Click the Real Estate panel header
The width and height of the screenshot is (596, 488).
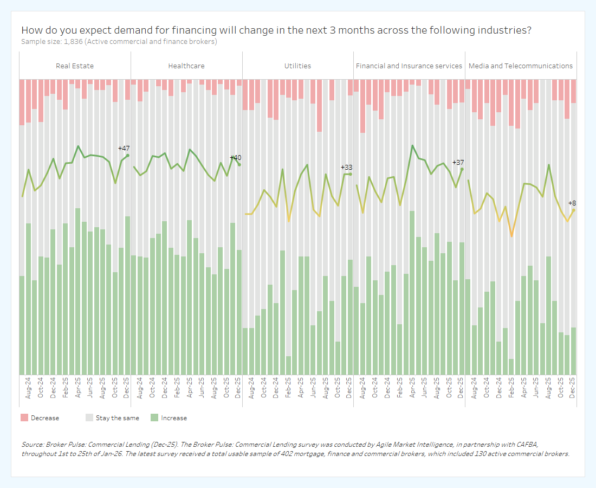click(75, 66)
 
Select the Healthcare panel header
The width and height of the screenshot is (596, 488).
click(186, 66)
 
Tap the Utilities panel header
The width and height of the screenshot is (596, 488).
click(298, 66)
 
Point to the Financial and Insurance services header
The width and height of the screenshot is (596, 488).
click(409, 66)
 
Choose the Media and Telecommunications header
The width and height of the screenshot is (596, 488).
click(521, 66)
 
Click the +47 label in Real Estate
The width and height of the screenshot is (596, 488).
click(124, 148)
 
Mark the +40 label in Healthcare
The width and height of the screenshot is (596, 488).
click(236, 158)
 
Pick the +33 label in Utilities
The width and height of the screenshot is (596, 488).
click(347, 168)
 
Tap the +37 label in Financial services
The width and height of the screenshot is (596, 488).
click(458, 163)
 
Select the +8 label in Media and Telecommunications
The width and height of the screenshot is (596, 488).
click(572, 203)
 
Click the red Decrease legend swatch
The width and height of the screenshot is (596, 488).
click(24, 418)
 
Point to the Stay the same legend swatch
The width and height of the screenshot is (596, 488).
click(89, 418)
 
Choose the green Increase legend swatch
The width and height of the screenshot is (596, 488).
click(154, 418)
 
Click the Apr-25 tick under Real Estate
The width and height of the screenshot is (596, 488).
click(78, 388)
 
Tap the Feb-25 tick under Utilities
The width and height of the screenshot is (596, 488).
click(288, 388)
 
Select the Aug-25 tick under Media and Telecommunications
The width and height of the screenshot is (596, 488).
click(548, 388)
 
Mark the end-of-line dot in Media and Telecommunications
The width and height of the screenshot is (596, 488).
click(574, 210)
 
